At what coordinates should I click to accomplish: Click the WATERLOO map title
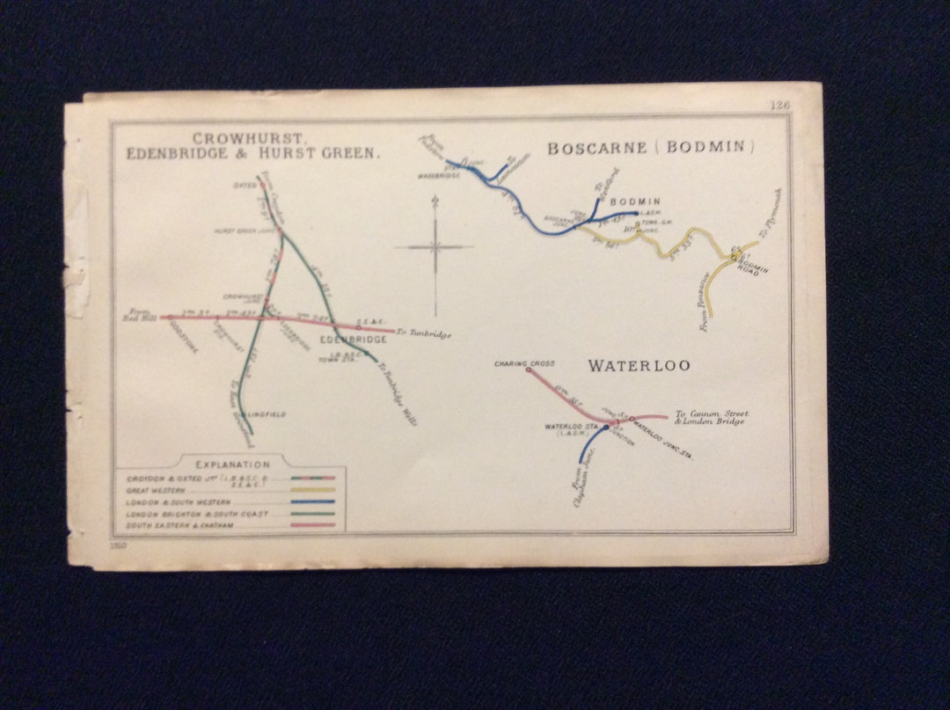[x=639, y=365]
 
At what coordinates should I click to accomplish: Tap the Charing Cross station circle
[x=529, y=370]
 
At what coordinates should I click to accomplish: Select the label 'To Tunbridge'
[x=424, y=333]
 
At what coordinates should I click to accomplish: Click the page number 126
[x=779, y=105]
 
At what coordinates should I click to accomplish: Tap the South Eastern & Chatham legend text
[x=183, y=525]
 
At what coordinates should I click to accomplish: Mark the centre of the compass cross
[x=435, y=247]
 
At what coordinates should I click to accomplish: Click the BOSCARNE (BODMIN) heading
[x=652, y=148]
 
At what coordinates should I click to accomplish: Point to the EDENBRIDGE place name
[x=353, y=340]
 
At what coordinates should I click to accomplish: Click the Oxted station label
[x=244, y=186]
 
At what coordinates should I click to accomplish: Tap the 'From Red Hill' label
[x=141, y=315]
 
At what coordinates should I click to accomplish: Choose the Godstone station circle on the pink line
[x=169, y=317]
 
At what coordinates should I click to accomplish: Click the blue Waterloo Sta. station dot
[x=606, y=427]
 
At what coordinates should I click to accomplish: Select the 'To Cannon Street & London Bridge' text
[x=711, y=417]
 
